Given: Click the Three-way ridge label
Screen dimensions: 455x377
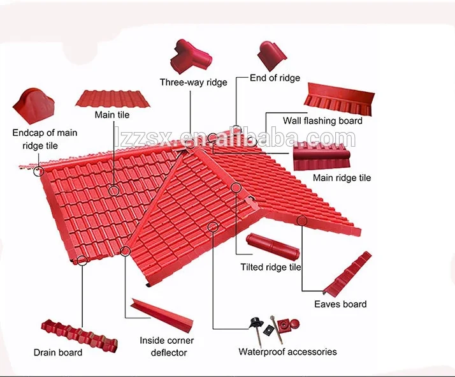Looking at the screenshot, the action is click(x=193, y=82).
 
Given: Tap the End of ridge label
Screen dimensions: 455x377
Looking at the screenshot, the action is click(x=275, y=78).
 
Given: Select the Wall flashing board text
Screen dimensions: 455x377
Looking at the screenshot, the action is click(x=322, y=121).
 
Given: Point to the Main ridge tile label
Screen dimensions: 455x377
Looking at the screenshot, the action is click(x=342, y=178).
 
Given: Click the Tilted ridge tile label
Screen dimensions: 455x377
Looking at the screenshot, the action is click(x=271, y=267).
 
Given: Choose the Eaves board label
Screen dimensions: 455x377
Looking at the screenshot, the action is click(x=340, y=304).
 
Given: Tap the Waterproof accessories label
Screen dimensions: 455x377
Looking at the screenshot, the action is click(x=287, y=351).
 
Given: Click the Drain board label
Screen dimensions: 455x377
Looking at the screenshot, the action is click(x=58, y=352).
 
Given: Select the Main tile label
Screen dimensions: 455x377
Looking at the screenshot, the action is click(x=112, y=115).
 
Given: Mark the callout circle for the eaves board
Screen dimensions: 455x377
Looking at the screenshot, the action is click(x=301, y=221).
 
